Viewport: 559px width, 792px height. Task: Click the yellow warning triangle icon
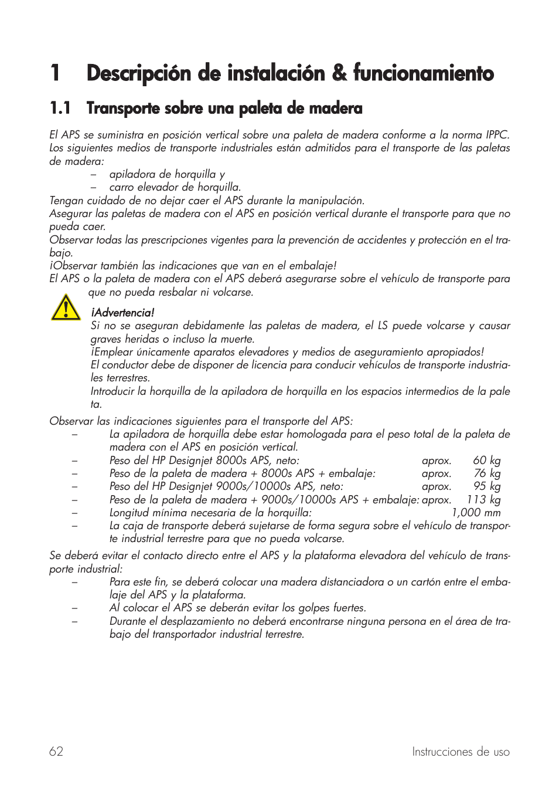pos(66,308)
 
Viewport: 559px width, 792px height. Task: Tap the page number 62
pos(56,752)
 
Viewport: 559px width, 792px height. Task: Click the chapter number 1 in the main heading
pos(55,73)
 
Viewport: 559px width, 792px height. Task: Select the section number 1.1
pos(60,109)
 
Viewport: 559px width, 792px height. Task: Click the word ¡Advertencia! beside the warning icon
pos(122,313)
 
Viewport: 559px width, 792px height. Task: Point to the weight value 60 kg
pos(486,461)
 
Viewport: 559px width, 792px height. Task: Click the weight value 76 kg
pos(487,473)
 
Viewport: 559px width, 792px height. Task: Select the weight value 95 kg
pos(487,486)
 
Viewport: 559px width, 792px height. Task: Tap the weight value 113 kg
pos(483,500)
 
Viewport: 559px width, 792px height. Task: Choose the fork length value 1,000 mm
pos(476,513)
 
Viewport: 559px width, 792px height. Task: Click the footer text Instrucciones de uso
pos(461,752)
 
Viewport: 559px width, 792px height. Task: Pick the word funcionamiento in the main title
pos(423,73)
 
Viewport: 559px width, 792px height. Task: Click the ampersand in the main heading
pos(339,73)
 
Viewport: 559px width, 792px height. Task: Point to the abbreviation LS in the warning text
pos(382,326)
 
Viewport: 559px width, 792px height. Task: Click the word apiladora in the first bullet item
pos(132,174)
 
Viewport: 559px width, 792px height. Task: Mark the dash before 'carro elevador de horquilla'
pos(93,187)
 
